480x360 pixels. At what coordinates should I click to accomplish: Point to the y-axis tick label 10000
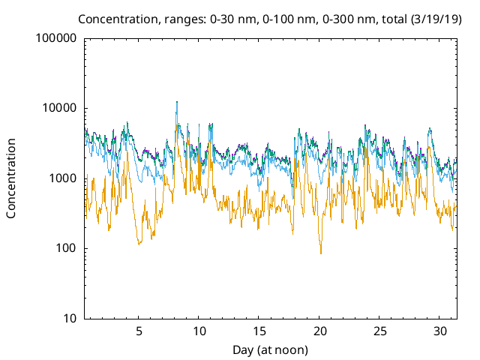pos(59,108)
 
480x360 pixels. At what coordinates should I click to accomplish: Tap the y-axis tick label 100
pos(66,249)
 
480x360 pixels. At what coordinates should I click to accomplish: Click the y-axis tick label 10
pos(69,319)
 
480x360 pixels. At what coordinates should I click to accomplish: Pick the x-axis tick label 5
pos(139,331)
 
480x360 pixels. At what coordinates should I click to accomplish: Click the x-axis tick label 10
pos(199,331)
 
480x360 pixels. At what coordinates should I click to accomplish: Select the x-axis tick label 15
pos(259,331)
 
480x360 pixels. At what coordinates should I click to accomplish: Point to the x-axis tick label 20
pos(320,331)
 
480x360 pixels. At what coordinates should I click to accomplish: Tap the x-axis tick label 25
pos(380,331)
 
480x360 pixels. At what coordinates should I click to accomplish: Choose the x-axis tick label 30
pos(441,331)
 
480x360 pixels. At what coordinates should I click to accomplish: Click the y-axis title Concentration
pos(12,178)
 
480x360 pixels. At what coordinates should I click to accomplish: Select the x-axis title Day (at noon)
pos(270,349)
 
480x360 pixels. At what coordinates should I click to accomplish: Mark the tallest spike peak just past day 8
pos(176,102)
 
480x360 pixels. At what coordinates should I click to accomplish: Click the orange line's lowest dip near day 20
pos(321,253)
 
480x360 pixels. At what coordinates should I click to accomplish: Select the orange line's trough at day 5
pos(139,244)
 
